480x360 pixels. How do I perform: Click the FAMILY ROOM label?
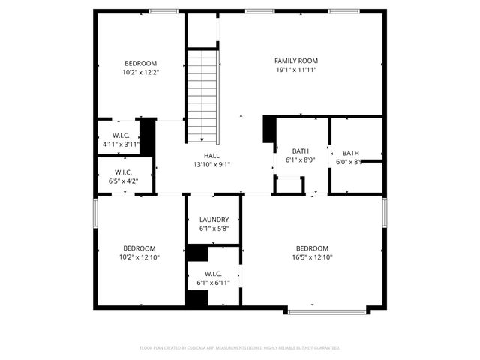[296, 61]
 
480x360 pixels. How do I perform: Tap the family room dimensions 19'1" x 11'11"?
[296, 70]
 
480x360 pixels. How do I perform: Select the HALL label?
[211, 155]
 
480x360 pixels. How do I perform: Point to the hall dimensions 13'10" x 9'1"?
[211, 165]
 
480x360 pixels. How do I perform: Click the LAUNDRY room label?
[214, 220]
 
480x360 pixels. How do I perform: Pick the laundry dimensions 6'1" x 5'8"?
[214, 229]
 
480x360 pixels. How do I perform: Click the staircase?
[202, 94]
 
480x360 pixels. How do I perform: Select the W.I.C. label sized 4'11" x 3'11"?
[121, 136]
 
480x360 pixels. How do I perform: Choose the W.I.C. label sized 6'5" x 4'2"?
[124, 171]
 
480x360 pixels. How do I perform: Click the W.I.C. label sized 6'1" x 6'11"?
[213, 274]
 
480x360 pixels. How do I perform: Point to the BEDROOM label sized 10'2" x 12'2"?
[140, 62]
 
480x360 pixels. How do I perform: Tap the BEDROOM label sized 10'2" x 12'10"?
[140, 248]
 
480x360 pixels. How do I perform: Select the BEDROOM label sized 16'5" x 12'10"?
[312, 248]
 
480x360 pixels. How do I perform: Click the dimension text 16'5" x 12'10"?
[312, 257]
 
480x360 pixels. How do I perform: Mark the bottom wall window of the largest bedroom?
[327, 308]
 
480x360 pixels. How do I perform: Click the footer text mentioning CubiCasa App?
[240, 348]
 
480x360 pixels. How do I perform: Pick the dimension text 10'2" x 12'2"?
[140, 72]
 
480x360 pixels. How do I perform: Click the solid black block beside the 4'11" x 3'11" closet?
[148, 136]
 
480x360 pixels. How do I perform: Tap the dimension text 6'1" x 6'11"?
[213, 283]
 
